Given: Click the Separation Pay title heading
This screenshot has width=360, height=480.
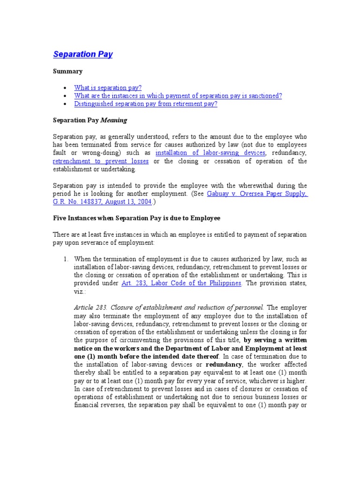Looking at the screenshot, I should (x=83, y=54).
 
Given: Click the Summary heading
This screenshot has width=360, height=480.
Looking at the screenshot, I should (x=67, y=71).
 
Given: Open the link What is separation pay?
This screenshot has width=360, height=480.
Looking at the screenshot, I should (x=108, y=88).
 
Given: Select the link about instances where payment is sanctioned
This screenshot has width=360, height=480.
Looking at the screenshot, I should (x=178, y=96).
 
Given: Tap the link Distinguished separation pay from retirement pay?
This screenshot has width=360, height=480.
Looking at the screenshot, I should (x=145, y=104).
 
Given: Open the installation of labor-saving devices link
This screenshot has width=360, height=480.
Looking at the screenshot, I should (x=210, y=153).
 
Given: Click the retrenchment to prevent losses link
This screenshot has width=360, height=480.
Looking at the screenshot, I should (x=101, y=161).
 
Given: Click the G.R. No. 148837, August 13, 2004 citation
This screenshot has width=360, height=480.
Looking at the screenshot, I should (x=102, y=202).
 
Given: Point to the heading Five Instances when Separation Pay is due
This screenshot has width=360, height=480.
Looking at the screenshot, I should (x=136, y=218).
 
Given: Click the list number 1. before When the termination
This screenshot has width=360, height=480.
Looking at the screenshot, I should (x=66, y=259).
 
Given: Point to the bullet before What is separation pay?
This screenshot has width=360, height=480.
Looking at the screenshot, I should (x=64, y=88).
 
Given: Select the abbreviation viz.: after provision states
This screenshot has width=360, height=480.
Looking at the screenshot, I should (x=81, y=292).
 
